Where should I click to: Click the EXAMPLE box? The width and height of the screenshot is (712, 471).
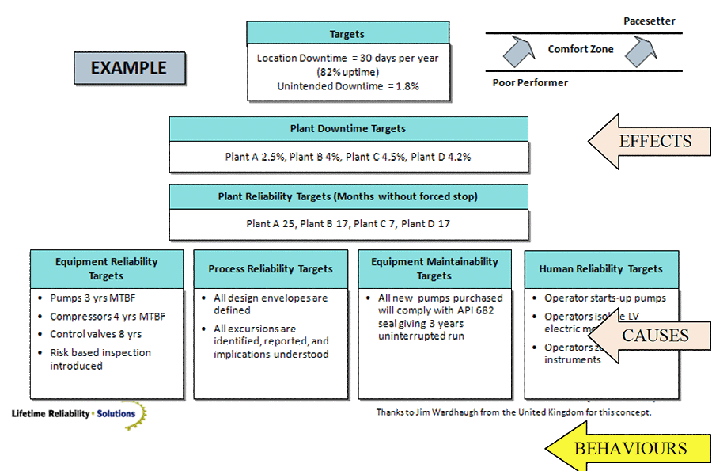pyautogui.click(x=129, y=68)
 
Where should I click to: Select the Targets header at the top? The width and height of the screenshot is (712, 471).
pyautogui.click(x=347, y=34)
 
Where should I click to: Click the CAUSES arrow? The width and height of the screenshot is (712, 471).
pyautogui.click(x=653, y=335)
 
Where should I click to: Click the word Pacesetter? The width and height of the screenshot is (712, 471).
pyautogui.click(x=649, y=21)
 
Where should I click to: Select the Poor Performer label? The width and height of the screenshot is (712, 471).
pyautogui.click(x=530, y=82)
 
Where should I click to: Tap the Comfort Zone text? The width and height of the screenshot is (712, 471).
pyautogui.click(x=581, y=49)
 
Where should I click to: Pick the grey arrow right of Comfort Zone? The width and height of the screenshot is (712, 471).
pyautogui.click(x=641, y=51)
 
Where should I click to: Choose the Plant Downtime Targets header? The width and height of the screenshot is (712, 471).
pyautogui.click(x=348, y=129)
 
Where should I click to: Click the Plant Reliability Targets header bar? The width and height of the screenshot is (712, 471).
pyautogui.click(x=348, y=196)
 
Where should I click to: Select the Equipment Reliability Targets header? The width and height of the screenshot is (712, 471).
pyautogui.click(x=107, y=268)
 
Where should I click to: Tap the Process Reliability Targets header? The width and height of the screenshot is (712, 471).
pyautogui.click(x=271, y=269)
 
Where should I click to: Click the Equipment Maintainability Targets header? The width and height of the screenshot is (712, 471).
pyautogui.click(x=434, y=268)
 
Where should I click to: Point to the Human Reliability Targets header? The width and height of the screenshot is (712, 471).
pyautogui.click(x=600, y=269)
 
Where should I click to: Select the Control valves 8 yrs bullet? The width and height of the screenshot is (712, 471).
pyautogui.click(x=89, y=334)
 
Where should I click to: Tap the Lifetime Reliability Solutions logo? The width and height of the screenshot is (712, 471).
pyautogui.click(x=75, y=414)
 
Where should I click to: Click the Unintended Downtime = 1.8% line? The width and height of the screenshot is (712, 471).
pyautogui.click(x=347, y=86)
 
